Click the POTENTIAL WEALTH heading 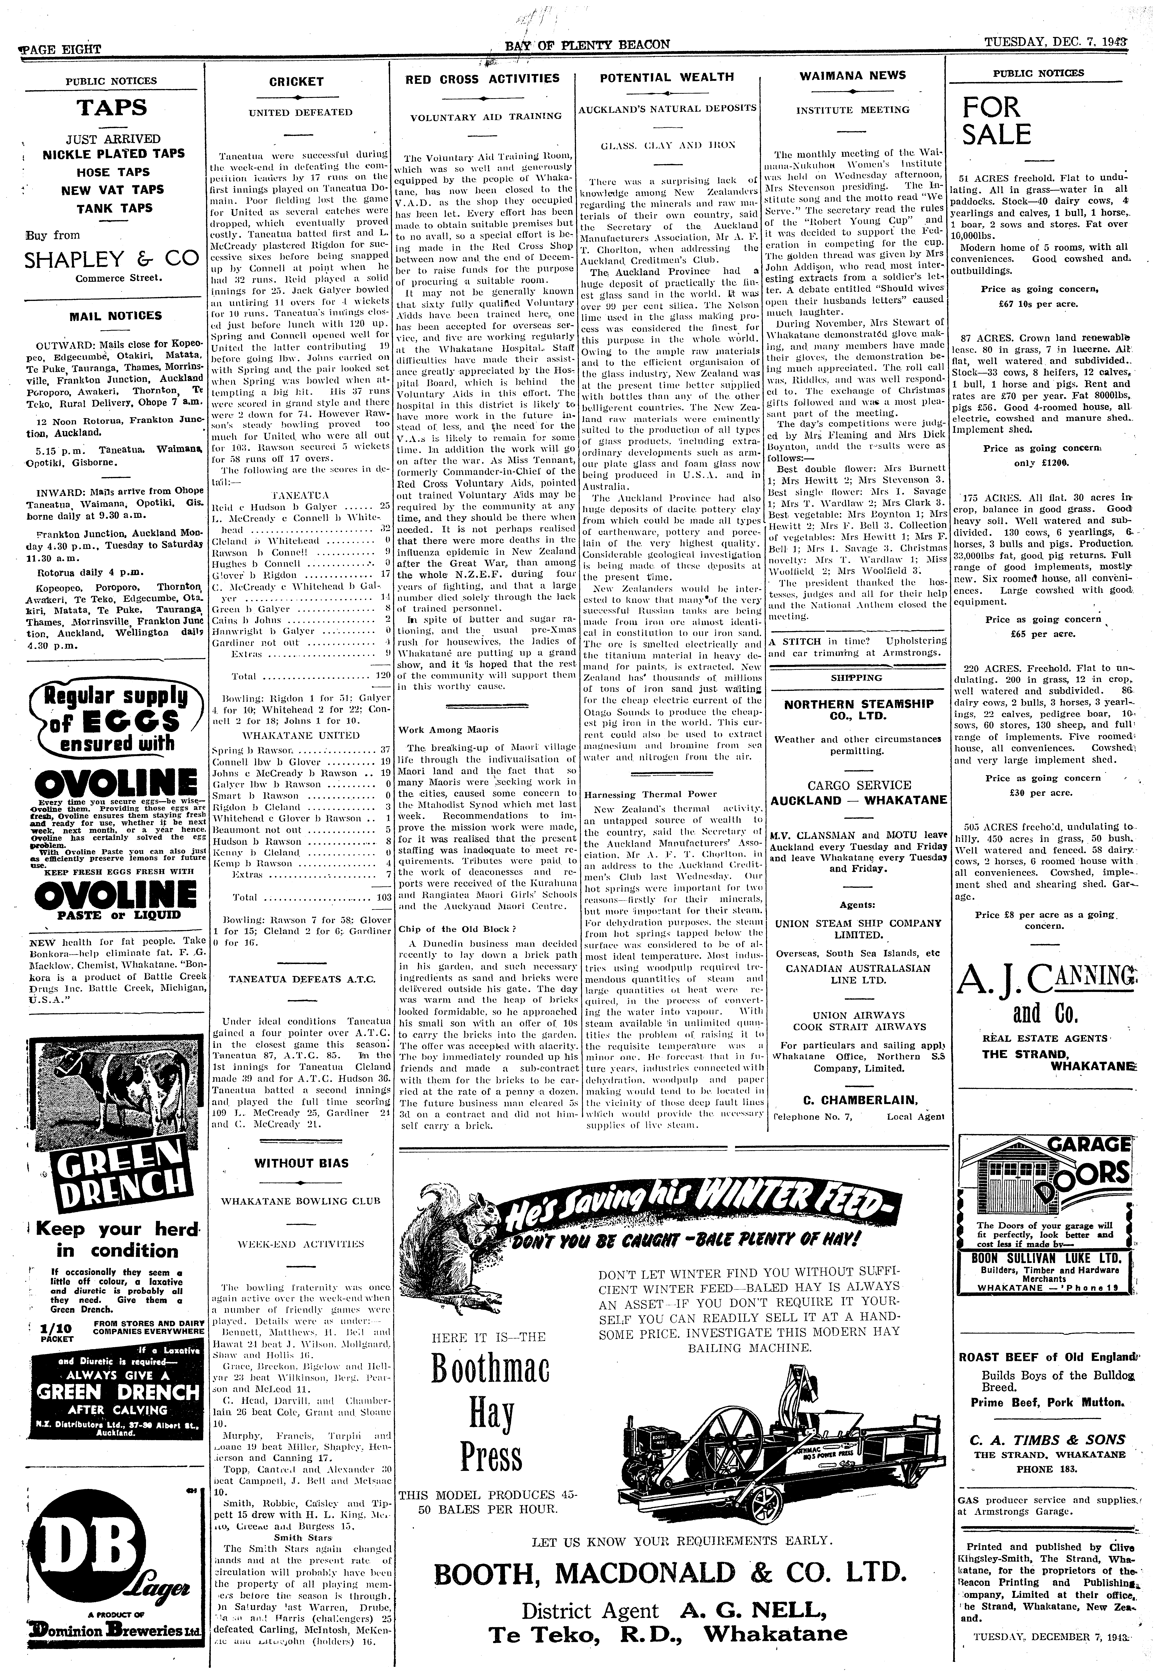[667, 77]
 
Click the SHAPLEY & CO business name [111, 259]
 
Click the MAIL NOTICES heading [115, 316]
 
